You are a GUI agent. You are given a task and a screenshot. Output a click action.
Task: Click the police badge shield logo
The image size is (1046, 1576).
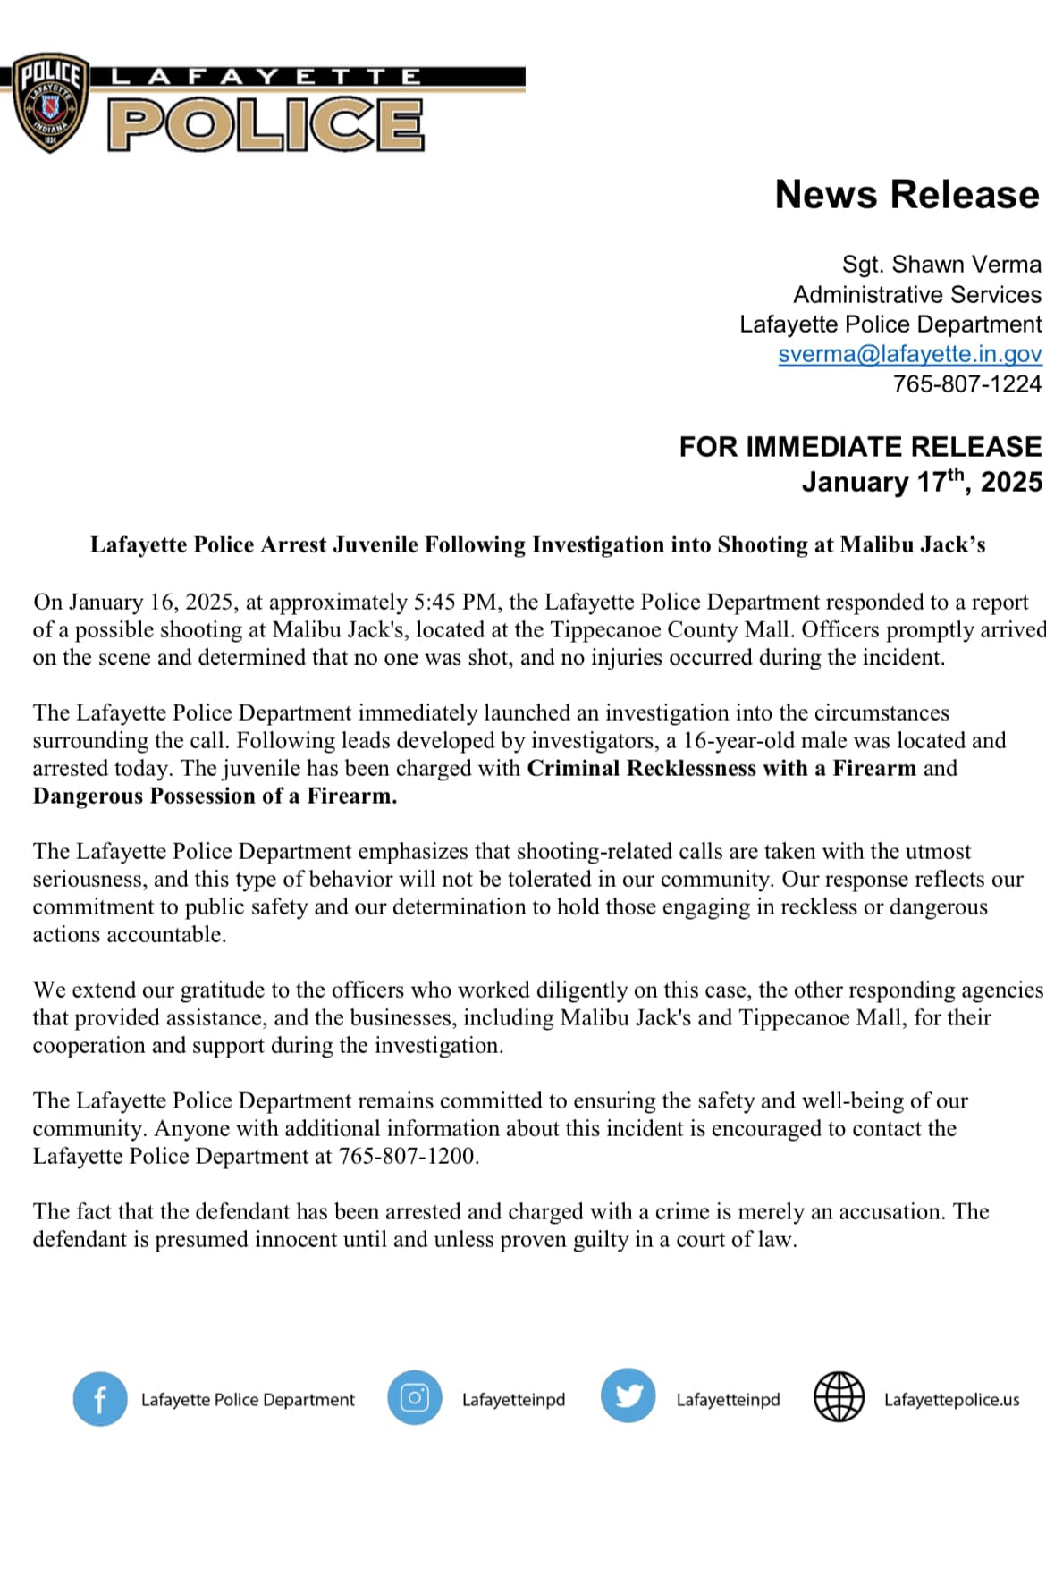[x=51, y=102]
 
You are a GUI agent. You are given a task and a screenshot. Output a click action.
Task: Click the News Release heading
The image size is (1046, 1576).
[x=907, y=195]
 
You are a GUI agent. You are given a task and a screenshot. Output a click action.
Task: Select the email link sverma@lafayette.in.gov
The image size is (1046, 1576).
[x=909, y=354]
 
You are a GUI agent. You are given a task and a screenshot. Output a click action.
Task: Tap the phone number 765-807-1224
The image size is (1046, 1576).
[x=966, y=383]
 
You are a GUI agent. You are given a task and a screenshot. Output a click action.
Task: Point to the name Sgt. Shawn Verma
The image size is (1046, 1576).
[x=941, y=265]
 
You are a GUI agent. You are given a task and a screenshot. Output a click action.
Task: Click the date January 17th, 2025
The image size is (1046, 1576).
[x=921, y=482]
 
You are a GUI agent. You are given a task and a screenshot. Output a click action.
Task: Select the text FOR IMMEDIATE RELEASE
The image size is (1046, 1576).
[x=859, y=446]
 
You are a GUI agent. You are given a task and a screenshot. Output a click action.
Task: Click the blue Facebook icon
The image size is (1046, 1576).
[x=99, y=1399]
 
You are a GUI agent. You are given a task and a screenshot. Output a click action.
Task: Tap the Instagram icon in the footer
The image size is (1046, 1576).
[x=414, y=1397]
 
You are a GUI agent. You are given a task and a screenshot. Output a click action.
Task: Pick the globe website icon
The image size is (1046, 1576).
[x=839, y=1397]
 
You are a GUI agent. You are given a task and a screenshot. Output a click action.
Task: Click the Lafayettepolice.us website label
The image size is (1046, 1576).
[x=951, y=1400]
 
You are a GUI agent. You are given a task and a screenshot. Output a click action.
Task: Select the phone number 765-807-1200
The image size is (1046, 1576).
[x=408, y=1156]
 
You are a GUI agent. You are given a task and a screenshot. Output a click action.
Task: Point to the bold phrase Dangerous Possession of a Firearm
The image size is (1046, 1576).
[x=215, y=796]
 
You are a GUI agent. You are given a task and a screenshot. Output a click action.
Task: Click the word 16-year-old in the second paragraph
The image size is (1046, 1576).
[x=744, y=740]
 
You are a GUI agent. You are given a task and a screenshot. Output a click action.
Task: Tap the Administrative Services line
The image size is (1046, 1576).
[x=916, y=294]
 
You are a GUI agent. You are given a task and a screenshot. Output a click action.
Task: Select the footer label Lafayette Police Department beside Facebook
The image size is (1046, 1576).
[x=248, y=1400]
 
